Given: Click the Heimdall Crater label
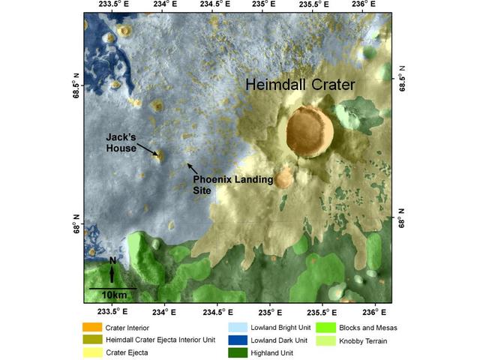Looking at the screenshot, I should pyautogui.click(x=301, y=85).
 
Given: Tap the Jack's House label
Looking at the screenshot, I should pyautogui.click(x=121, y=142).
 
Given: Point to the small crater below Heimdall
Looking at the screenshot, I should pyautogui.click(x=283, y=179).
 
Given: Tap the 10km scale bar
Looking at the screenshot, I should pyautogui.click(x=112, y=288).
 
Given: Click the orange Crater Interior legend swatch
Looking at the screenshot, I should pyautogui.click(x=92, y=327).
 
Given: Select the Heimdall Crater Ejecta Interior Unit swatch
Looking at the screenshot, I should pyautogui.click(x=92, y=340).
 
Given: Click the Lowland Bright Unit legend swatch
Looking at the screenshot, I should pyautogui.click(x=237, y=327).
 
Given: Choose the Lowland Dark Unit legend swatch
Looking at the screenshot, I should pyautogui.click(x=237, y=340).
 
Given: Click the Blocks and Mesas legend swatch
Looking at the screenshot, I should pyautogui.click(x=325, y=327).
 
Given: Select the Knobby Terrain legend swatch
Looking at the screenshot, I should pyautogui.click(x=325, y=340).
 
